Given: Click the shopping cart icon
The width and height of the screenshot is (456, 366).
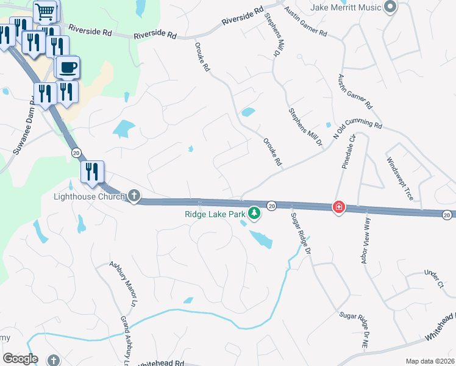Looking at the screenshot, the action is [x=45, y=11].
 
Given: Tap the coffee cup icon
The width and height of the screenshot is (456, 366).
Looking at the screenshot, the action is [x=67, y=66].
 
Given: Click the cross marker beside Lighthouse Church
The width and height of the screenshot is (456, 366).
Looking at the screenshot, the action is [x=134, y=196].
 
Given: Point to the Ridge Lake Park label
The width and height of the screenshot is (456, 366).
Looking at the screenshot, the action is [x=215, y=214].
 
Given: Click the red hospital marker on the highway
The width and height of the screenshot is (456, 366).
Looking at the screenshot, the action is [x=338, y=207].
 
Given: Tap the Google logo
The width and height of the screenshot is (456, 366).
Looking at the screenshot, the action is [x=20, y=359].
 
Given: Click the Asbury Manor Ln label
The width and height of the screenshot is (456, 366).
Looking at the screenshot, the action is [x=121, y=284].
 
